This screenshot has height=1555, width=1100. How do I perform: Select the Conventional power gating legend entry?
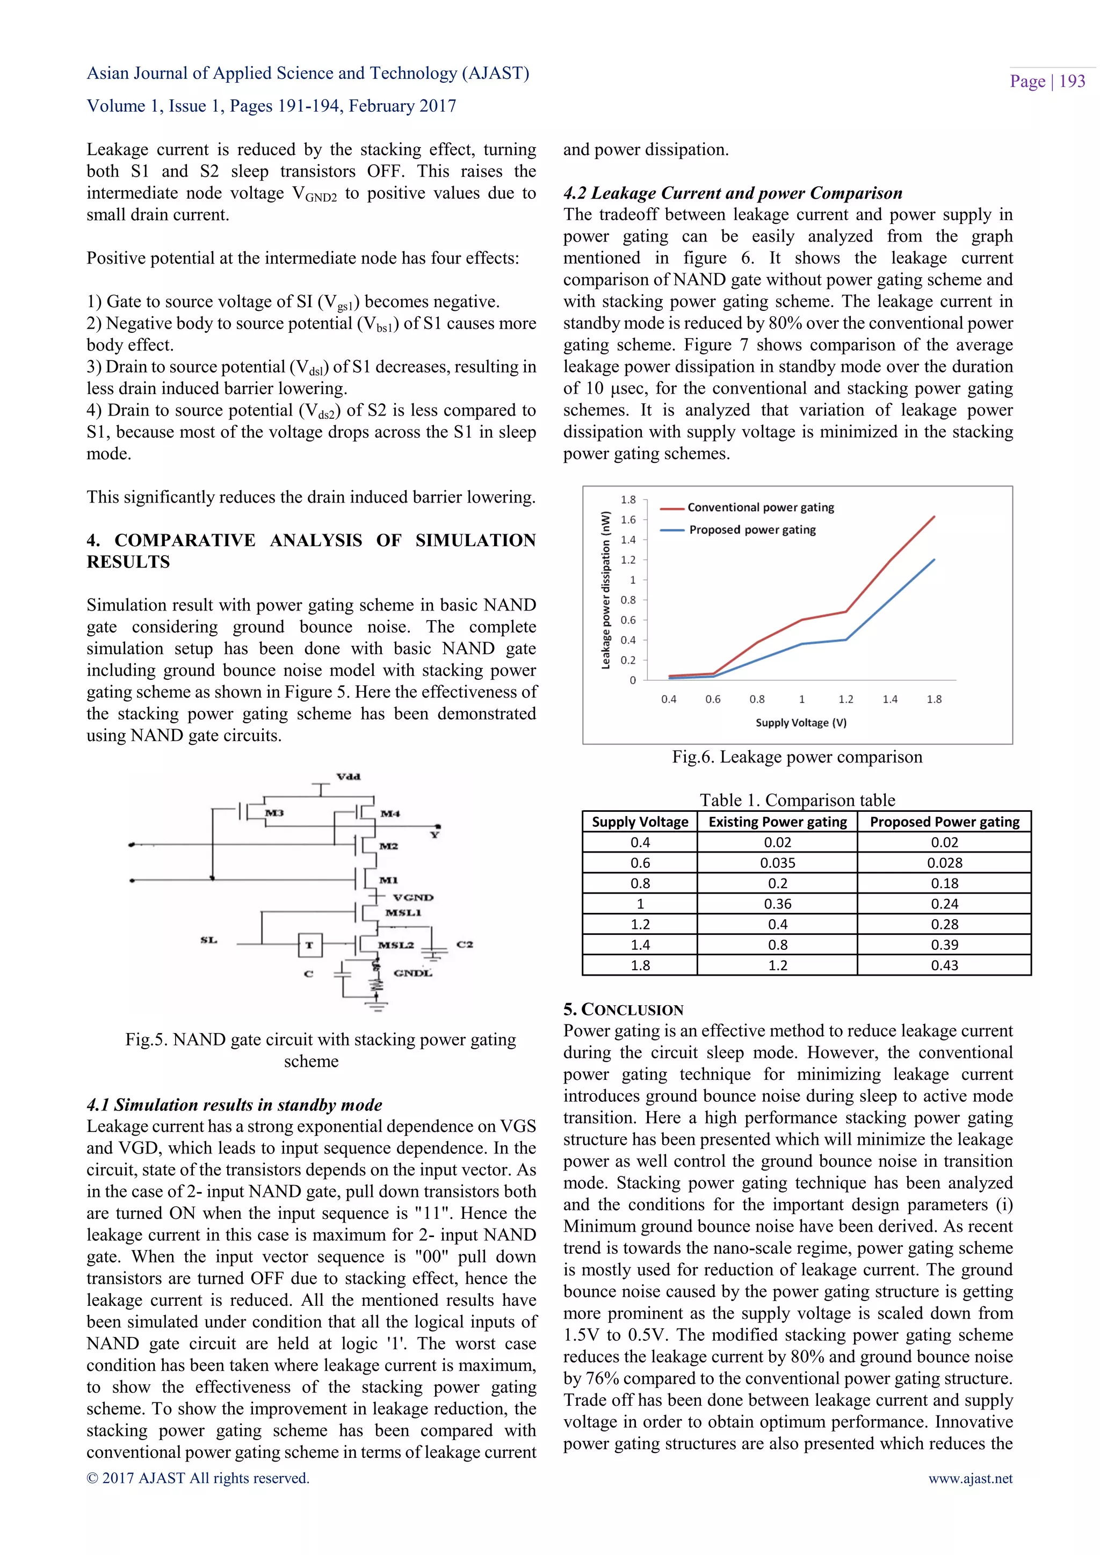click(x=760, y=507)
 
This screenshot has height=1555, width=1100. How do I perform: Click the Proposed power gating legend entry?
click(x=752, y=529)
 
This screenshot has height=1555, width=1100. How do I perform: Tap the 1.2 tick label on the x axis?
click(x=845, y=699)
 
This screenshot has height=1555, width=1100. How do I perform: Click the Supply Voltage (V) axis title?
click(x=801, y=723)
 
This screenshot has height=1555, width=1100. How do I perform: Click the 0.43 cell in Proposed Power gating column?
click(x=944, y=965)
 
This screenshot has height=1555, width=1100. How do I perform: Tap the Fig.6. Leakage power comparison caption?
click(x=797, y=757)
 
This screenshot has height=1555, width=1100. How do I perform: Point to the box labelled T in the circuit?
click(x=309, y=945)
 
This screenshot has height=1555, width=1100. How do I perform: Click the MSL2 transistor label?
click(x=395, y=945)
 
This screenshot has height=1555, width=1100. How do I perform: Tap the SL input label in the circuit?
click(x=208, y=940)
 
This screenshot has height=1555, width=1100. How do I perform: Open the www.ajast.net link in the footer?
click(x=970, y=1478)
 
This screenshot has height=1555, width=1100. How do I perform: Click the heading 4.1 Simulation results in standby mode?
click(x=234, y=1105)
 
